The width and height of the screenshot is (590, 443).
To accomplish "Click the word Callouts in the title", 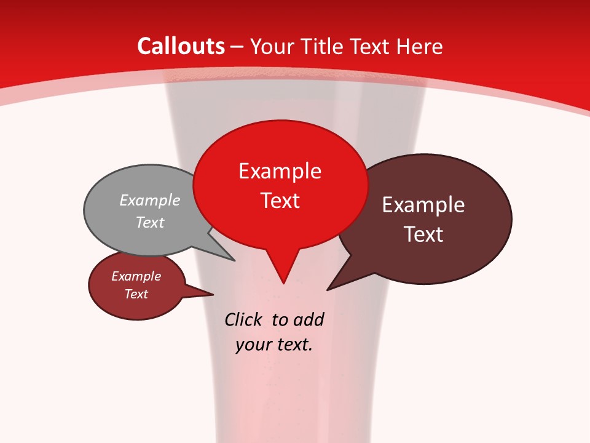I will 181,46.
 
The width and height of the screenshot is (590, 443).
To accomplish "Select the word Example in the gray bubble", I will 150,200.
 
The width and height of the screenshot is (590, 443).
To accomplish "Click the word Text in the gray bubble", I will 150,222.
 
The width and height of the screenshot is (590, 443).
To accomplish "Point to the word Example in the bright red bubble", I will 280,171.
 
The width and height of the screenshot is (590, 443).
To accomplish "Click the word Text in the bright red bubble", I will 280,201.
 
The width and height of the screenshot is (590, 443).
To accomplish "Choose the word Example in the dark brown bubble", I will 423,205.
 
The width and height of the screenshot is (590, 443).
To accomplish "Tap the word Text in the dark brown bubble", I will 423,234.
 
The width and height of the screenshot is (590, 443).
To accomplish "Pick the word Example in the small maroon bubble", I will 136,276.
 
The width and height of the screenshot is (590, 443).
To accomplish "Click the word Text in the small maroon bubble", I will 136,294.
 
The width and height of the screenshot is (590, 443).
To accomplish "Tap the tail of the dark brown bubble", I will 335,284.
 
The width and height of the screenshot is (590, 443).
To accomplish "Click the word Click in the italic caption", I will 243,319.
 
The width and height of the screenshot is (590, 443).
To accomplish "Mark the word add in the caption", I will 309,319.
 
